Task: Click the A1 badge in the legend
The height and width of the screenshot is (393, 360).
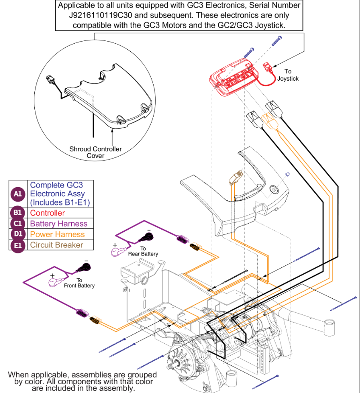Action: coord(18,194)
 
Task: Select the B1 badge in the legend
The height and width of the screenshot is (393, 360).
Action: coord(18,213)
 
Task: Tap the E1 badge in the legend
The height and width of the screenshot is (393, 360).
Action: coord(18,245)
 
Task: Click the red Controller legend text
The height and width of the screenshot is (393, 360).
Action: coord(48,213)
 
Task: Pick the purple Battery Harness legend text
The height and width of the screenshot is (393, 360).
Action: coord(59,224)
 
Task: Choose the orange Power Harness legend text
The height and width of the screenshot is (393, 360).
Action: coord(57,234)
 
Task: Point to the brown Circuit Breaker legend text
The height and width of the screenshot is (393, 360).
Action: coord(56,245)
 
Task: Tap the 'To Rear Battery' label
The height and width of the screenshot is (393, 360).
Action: coord(143,251)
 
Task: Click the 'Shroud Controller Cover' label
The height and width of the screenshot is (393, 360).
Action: coord(96,152)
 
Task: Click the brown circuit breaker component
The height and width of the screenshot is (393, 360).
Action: coord(236,178)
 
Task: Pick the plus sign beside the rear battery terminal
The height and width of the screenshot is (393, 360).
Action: coord(115,245)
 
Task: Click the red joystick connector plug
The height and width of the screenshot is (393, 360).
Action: coord(268,67)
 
